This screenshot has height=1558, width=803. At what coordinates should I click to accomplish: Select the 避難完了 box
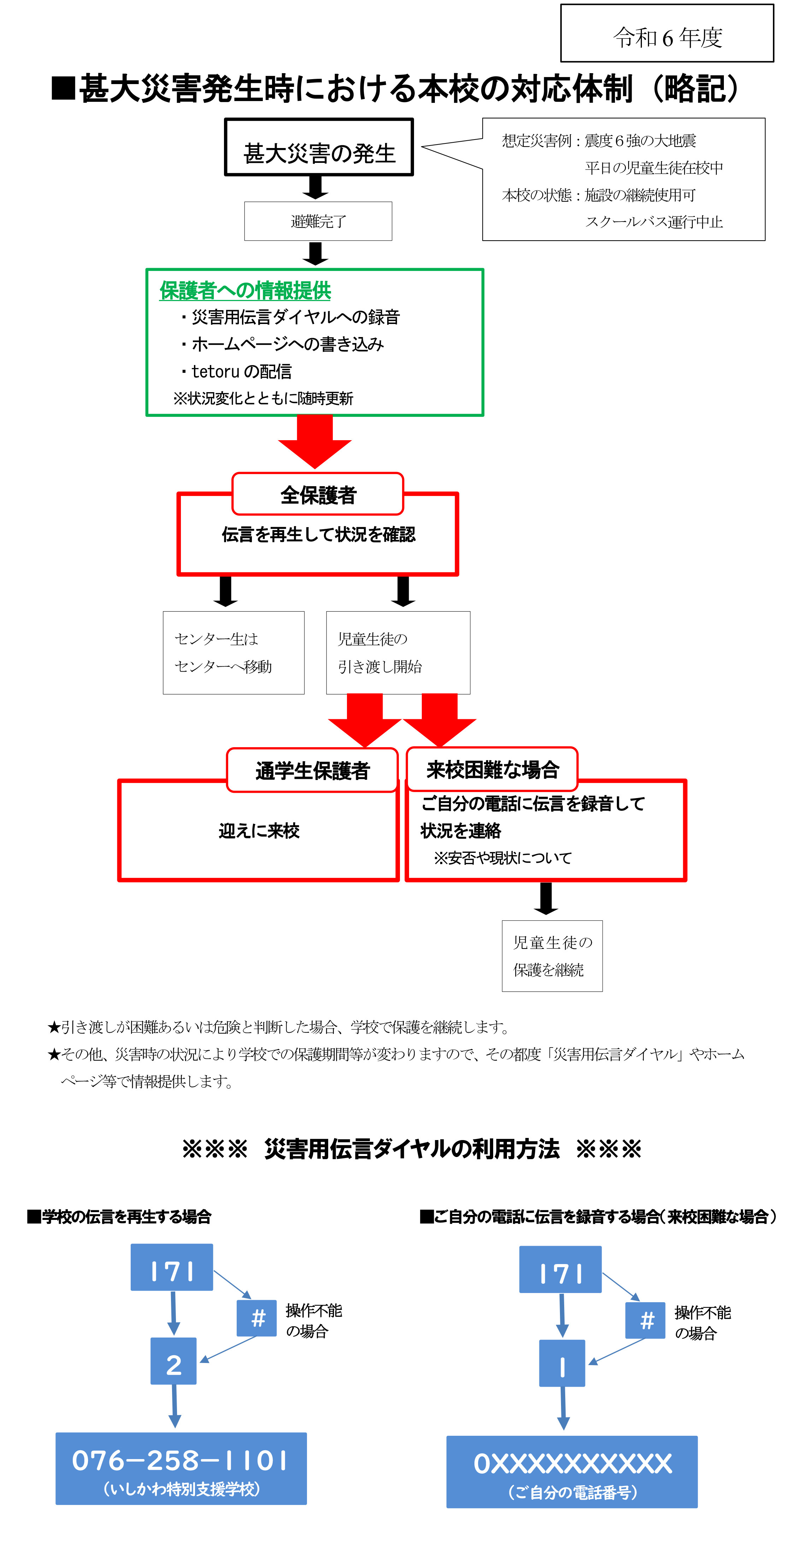tap(318, 222)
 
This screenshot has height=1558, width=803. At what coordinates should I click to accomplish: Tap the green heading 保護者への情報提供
tap(245, 291)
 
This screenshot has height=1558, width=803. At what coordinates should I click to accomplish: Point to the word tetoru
tap(215, 371)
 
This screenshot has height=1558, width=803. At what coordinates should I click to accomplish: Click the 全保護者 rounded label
tap(318, 495)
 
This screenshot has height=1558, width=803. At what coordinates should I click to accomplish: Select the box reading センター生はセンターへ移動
tap(234, 653)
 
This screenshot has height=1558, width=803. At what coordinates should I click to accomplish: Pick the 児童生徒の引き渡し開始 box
tap(398, 653)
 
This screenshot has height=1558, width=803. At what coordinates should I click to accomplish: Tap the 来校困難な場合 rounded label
tap(492, 769)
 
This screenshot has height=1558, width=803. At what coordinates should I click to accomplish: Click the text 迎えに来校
tap(259, 831)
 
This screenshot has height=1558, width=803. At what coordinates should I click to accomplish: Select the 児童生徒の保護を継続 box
tap(552, 956)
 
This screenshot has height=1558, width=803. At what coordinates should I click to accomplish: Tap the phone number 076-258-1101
tap(180, 1460)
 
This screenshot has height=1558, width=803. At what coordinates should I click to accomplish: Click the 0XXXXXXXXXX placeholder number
tap(572, 1464)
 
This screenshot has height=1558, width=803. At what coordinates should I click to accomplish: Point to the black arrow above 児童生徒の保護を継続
tap(546, 898)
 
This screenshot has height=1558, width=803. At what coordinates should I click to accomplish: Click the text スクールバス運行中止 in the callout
tap(653, 222)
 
